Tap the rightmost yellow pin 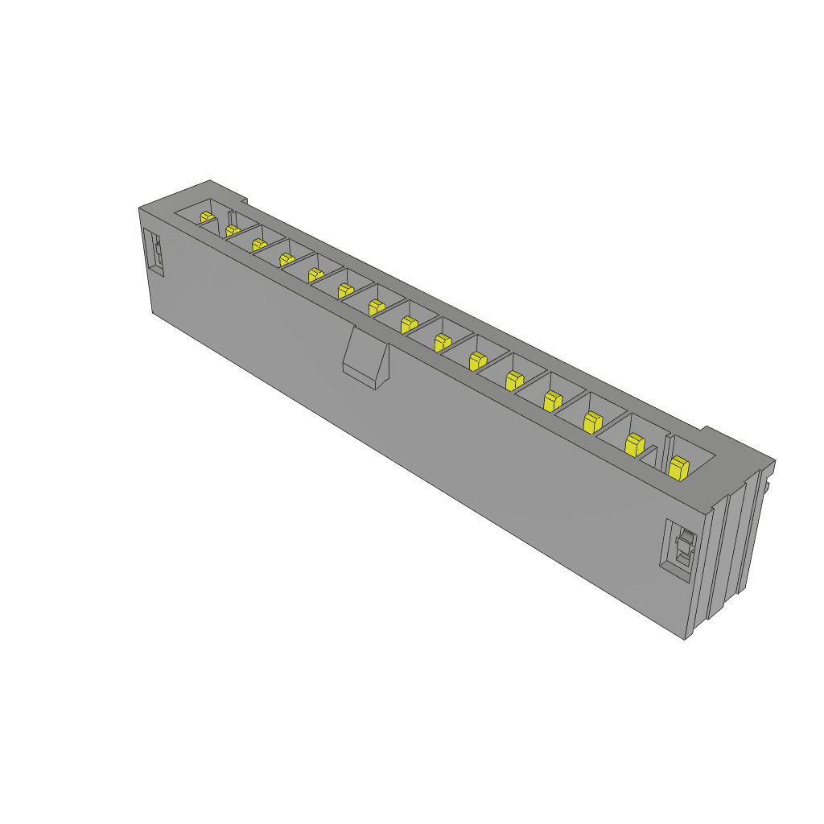coord(678,467)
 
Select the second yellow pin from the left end coord(233,231)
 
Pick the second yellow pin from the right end coord(635,443)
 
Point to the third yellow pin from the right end coord(593,421)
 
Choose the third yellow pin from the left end coord(258,244)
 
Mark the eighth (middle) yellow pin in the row coord(409,324)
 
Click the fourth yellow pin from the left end coord(286,259)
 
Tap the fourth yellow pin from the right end coord(551,399)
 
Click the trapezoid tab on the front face coord(366,357)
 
